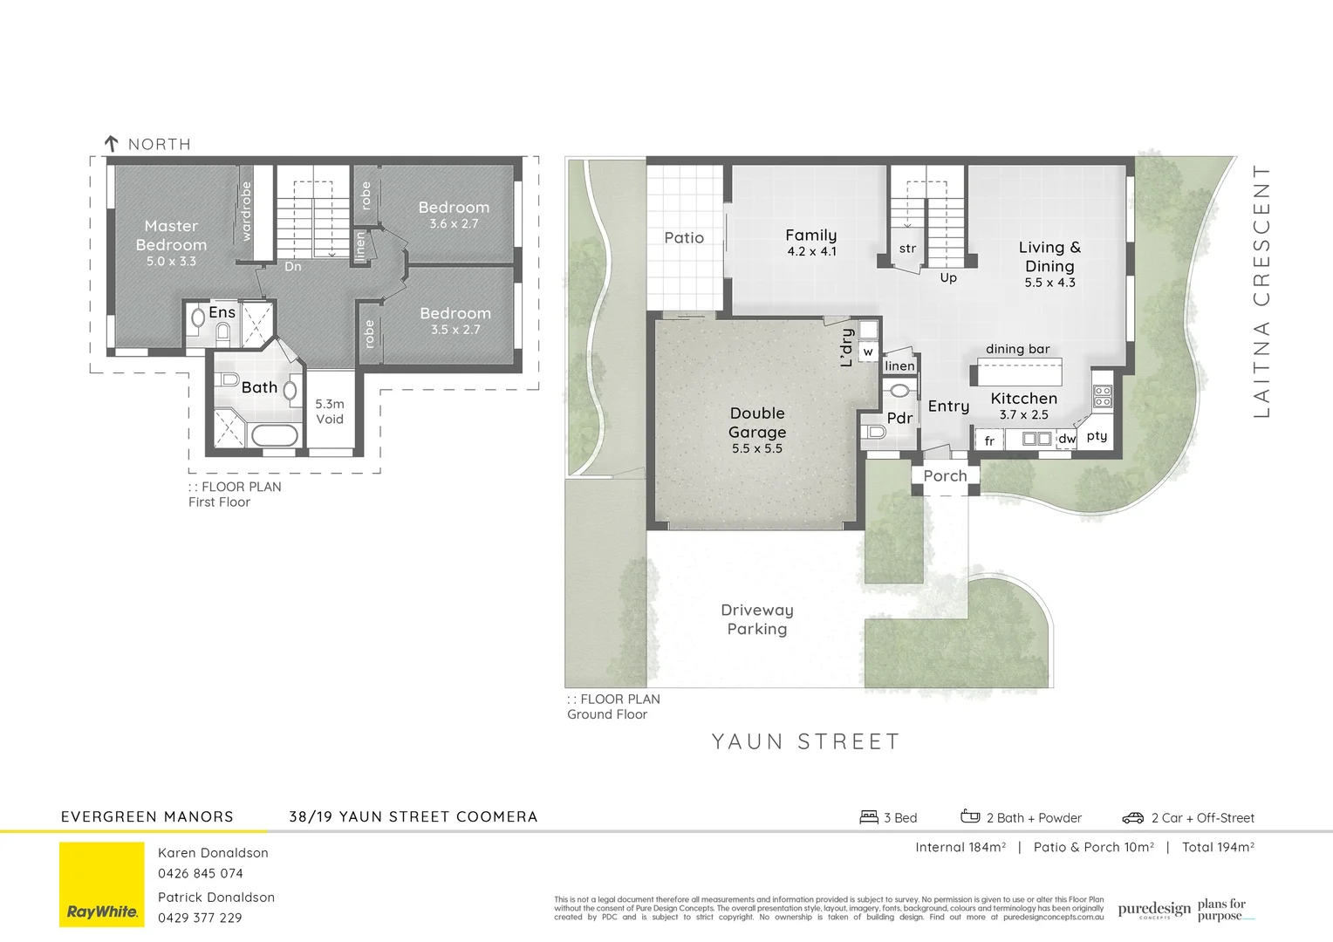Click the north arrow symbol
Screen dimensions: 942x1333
pos(111,144)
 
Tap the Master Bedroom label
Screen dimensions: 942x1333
pos(171,235)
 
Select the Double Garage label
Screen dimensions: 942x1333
pos(757,423)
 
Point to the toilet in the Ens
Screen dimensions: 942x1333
pos(222,331)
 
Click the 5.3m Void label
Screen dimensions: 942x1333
pos(330,412)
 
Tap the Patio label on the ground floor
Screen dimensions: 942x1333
pos(684,238)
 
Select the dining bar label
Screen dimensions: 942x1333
pos(1017,349)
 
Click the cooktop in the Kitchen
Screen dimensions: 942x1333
pos(1103,397)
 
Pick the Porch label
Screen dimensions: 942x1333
pos(945,476)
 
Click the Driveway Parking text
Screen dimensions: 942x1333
pos(757,619)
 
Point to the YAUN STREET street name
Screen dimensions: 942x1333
pos(805,741)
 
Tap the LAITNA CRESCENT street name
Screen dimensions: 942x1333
pos(1261,291)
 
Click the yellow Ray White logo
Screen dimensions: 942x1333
pos(102,884)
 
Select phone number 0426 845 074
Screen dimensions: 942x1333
pos(201,873)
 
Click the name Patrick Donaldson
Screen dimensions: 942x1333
pos(216,898)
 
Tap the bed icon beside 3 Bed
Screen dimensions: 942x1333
pos(869,817)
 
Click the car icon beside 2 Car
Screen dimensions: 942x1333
pos(1132,818)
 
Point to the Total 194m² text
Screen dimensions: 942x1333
pos(1218,847)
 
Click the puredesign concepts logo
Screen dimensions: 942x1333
pos(1153,910)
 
